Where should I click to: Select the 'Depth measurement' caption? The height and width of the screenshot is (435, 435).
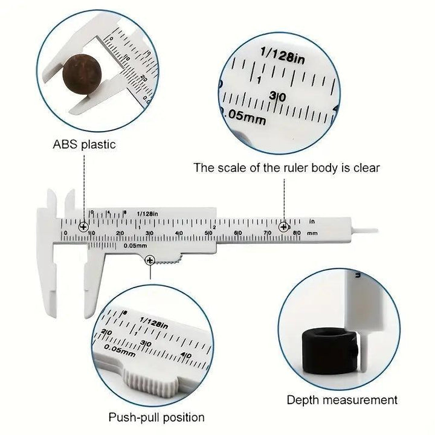pyautogui.click(x=342, y=399)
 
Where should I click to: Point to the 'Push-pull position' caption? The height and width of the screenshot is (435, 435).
pyautogui.click(x=156, y=417)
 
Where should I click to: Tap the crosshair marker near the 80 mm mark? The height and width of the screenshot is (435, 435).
pyautogui.click(x=284, y=227)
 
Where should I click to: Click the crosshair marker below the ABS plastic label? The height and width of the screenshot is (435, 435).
pyautogui.click(x=82, y=227)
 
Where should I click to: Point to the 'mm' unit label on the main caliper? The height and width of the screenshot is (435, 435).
pyautogui.click(x=312, y=233)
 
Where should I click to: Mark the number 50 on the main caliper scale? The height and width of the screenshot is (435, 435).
pyautogui.click(x=208, y=233)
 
